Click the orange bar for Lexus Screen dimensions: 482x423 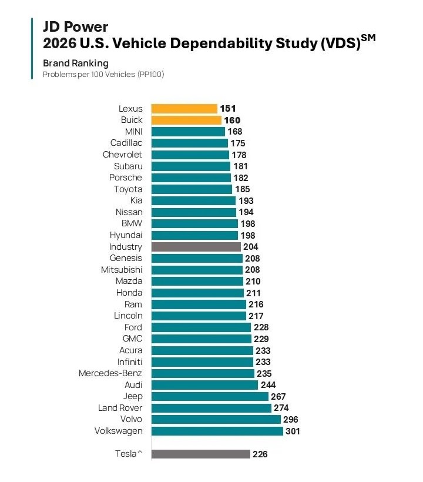click(x=184, y=109)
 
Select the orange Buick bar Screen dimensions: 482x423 click(x=186, y=120)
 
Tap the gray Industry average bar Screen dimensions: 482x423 click(x=196, y=247)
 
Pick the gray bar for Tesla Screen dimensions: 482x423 click(x=200, y=454)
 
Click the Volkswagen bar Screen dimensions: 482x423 click(x=217, y=431)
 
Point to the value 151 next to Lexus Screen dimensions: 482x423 click(x=228, y=109)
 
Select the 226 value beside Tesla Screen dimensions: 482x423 click(x=260, y=454)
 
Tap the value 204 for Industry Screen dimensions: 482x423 click(x=251, y=247)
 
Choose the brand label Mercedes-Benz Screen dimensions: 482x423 click(x=110, y=373)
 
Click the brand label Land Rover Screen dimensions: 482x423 click(x=120, y=408)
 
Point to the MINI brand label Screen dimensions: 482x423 click(x=133, y=132)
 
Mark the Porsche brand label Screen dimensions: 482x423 click(x=126, y=178)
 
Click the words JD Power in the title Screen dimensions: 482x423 click(x=75, y=26)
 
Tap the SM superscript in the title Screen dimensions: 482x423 click(x=368, y=38)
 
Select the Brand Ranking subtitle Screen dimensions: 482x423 click(x=76, y=63)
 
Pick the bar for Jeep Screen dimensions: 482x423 click(x=210, y=397)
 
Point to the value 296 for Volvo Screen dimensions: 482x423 click(x=291, y=420)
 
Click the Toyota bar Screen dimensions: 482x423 click(x=192, y=189)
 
